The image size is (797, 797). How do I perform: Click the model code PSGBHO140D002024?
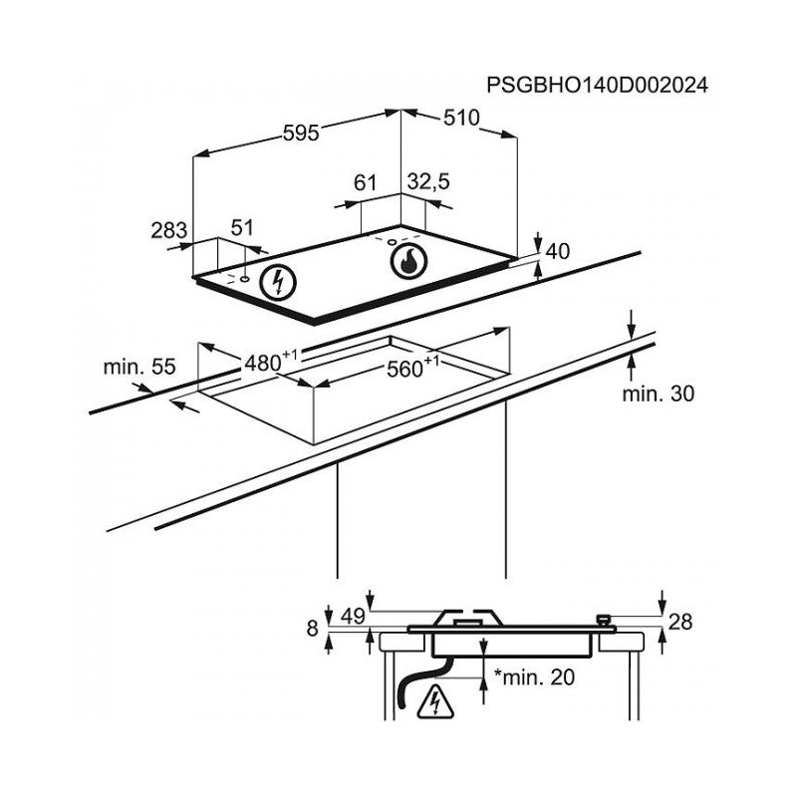597,86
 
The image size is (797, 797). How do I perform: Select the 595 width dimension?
301,133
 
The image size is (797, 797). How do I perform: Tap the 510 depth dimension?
461,118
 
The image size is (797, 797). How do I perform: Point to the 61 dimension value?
365,182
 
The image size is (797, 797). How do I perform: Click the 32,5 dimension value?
428,181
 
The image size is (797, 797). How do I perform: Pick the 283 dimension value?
169,230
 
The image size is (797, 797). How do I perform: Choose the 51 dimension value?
242,228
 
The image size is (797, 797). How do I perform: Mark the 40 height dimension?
558,252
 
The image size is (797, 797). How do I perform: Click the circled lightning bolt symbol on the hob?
278,283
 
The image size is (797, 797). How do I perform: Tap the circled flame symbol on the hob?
409,261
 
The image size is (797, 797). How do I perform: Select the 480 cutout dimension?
271,361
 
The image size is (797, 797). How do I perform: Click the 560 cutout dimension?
412,367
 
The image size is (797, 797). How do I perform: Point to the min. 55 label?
139,367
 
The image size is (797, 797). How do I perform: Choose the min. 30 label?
659,394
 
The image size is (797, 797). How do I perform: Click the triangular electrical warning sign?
435,702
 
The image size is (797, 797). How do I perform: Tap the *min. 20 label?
534,676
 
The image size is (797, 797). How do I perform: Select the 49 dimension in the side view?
353,617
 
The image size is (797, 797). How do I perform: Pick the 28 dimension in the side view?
680,622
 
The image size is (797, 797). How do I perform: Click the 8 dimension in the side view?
313,629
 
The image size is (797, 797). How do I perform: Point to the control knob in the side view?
604,620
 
